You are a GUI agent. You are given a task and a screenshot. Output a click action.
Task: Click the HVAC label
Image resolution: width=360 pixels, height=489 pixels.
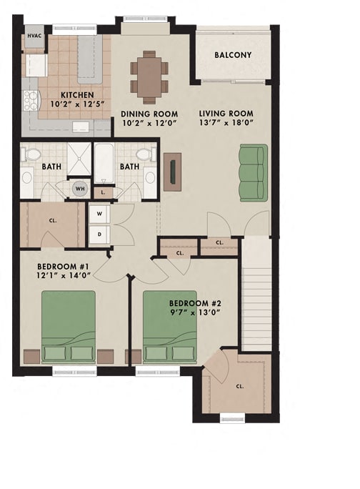[34, 35]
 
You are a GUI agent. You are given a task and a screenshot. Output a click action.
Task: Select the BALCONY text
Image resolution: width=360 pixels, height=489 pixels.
[233, 55]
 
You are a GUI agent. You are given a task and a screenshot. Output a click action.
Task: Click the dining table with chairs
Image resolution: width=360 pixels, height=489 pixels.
[149, 71]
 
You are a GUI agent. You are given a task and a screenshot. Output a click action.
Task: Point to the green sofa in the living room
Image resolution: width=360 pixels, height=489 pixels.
[252, 172]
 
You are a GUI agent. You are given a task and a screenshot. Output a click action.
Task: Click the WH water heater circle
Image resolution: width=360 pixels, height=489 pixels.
[79, 190]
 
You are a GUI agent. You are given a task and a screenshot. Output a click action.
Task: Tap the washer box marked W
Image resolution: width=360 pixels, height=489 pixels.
[98, 212]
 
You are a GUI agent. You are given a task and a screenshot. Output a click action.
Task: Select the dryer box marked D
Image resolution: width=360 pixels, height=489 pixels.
[98, 233]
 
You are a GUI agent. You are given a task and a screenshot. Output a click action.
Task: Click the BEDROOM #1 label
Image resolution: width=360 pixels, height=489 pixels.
[63, 268]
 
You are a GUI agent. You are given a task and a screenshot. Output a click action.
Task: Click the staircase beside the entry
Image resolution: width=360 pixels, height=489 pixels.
[256, 293]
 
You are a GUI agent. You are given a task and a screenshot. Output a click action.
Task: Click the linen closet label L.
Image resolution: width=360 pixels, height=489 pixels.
[103, 192]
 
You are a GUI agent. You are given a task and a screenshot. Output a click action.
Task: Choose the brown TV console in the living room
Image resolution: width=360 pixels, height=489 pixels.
[172, 172]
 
